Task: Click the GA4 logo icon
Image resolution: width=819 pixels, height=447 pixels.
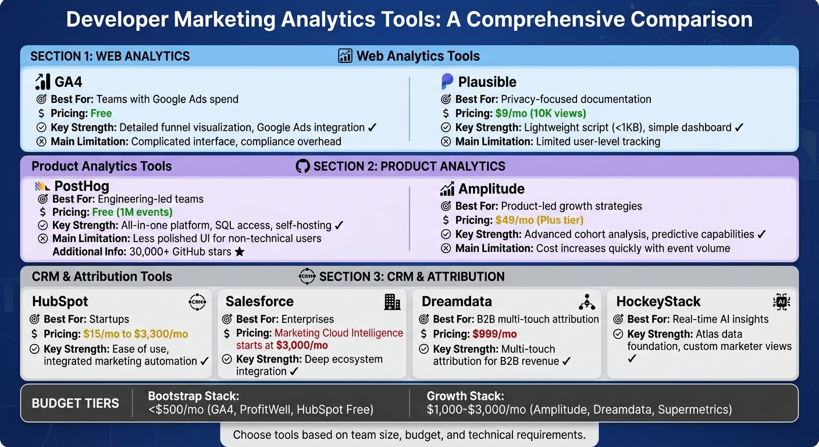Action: click(x=42, y=81)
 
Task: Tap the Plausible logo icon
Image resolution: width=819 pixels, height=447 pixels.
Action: click(x=447, y=81)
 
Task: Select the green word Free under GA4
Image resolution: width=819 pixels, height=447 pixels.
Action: click(x=101, y=113)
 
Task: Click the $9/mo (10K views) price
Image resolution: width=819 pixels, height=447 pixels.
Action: click(x=540, y=113)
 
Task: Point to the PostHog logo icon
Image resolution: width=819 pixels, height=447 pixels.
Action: click(x=42, y=186)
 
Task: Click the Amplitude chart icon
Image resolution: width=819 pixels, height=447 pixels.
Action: click(x=447, y=189)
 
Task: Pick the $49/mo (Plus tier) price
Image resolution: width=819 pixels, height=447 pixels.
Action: click(x=539, y=220)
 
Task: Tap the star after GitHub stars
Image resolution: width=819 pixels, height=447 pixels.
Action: click(x=239, y=252)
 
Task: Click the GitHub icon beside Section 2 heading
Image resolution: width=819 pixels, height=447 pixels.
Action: click(x=302, y=166)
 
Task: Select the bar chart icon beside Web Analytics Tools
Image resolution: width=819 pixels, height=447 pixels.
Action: click(x=345, y=56)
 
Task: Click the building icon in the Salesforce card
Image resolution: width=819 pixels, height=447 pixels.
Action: click(x=392, y=301)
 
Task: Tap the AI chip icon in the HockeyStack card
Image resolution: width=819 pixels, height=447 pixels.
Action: click(x=781, y=301)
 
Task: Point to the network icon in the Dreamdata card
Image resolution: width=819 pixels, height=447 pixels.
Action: click(x=586, y=301)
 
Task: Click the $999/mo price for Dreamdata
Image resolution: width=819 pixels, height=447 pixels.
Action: click(x=494, y=334)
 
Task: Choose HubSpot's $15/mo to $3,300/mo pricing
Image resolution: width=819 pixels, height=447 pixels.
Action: click(x=136, y=334)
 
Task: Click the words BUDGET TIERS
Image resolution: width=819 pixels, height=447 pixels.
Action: click(x=75, y=403)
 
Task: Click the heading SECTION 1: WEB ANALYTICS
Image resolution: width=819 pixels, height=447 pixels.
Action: click(x=110, y=56)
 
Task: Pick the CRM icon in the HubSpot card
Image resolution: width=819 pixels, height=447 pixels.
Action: click(x=198, y=301)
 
